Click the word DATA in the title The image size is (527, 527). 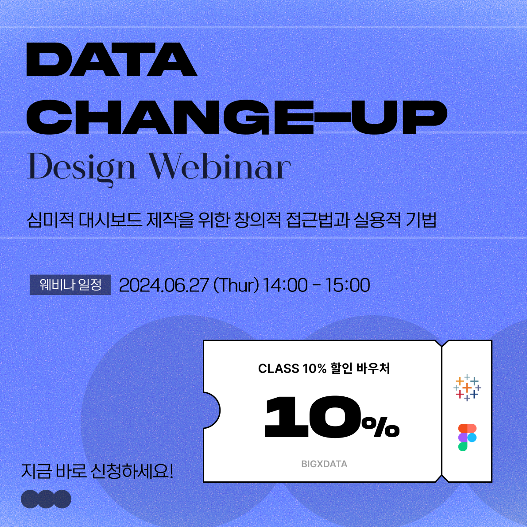point(112,59)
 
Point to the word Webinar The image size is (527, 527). point(219,167)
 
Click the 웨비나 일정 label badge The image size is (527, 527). point(70,285)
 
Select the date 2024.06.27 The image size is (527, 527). point(164,285)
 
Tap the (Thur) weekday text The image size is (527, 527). point(236,285)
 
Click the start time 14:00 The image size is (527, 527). point(285,285)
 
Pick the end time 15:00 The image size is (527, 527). point(348,285)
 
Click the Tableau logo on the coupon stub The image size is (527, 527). point(467,387)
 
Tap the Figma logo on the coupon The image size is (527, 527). point(467,437)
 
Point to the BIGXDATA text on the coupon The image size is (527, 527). point(324,464)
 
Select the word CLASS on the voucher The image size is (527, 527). point(279,369)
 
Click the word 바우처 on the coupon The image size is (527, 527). point(373,368)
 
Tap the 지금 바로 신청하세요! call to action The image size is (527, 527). point(97,471)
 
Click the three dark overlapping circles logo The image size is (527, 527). point(46,499)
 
